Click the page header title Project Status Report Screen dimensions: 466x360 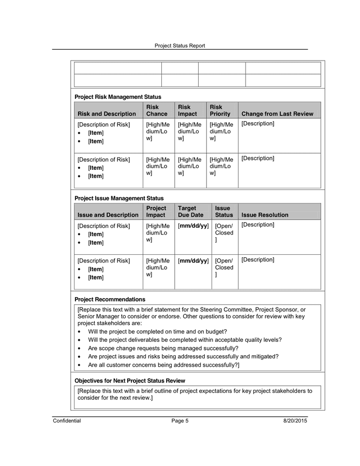pos(179,46)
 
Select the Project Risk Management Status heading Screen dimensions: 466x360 pos(117,97)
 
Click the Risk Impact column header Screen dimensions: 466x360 pos(187,110)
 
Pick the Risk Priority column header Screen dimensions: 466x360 pos(220,110)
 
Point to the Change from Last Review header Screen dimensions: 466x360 pos(277,114)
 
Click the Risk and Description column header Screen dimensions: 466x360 pos(107,114)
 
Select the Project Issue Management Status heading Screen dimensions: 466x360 pos(119,198)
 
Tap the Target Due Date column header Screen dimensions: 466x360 pos(190,212)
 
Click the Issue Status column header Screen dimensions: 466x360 pos(224,212)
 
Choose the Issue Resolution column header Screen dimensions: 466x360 pos(265,215)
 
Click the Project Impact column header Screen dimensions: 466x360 pos(156,212)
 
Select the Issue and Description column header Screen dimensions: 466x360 pos(108,215)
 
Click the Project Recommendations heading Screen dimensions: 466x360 pos(110,299)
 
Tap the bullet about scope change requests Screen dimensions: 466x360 pos(163,348)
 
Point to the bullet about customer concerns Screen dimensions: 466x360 pos(163,365)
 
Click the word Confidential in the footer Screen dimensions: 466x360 pos(67,421)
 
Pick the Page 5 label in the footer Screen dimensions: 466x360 pos(179,421)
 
